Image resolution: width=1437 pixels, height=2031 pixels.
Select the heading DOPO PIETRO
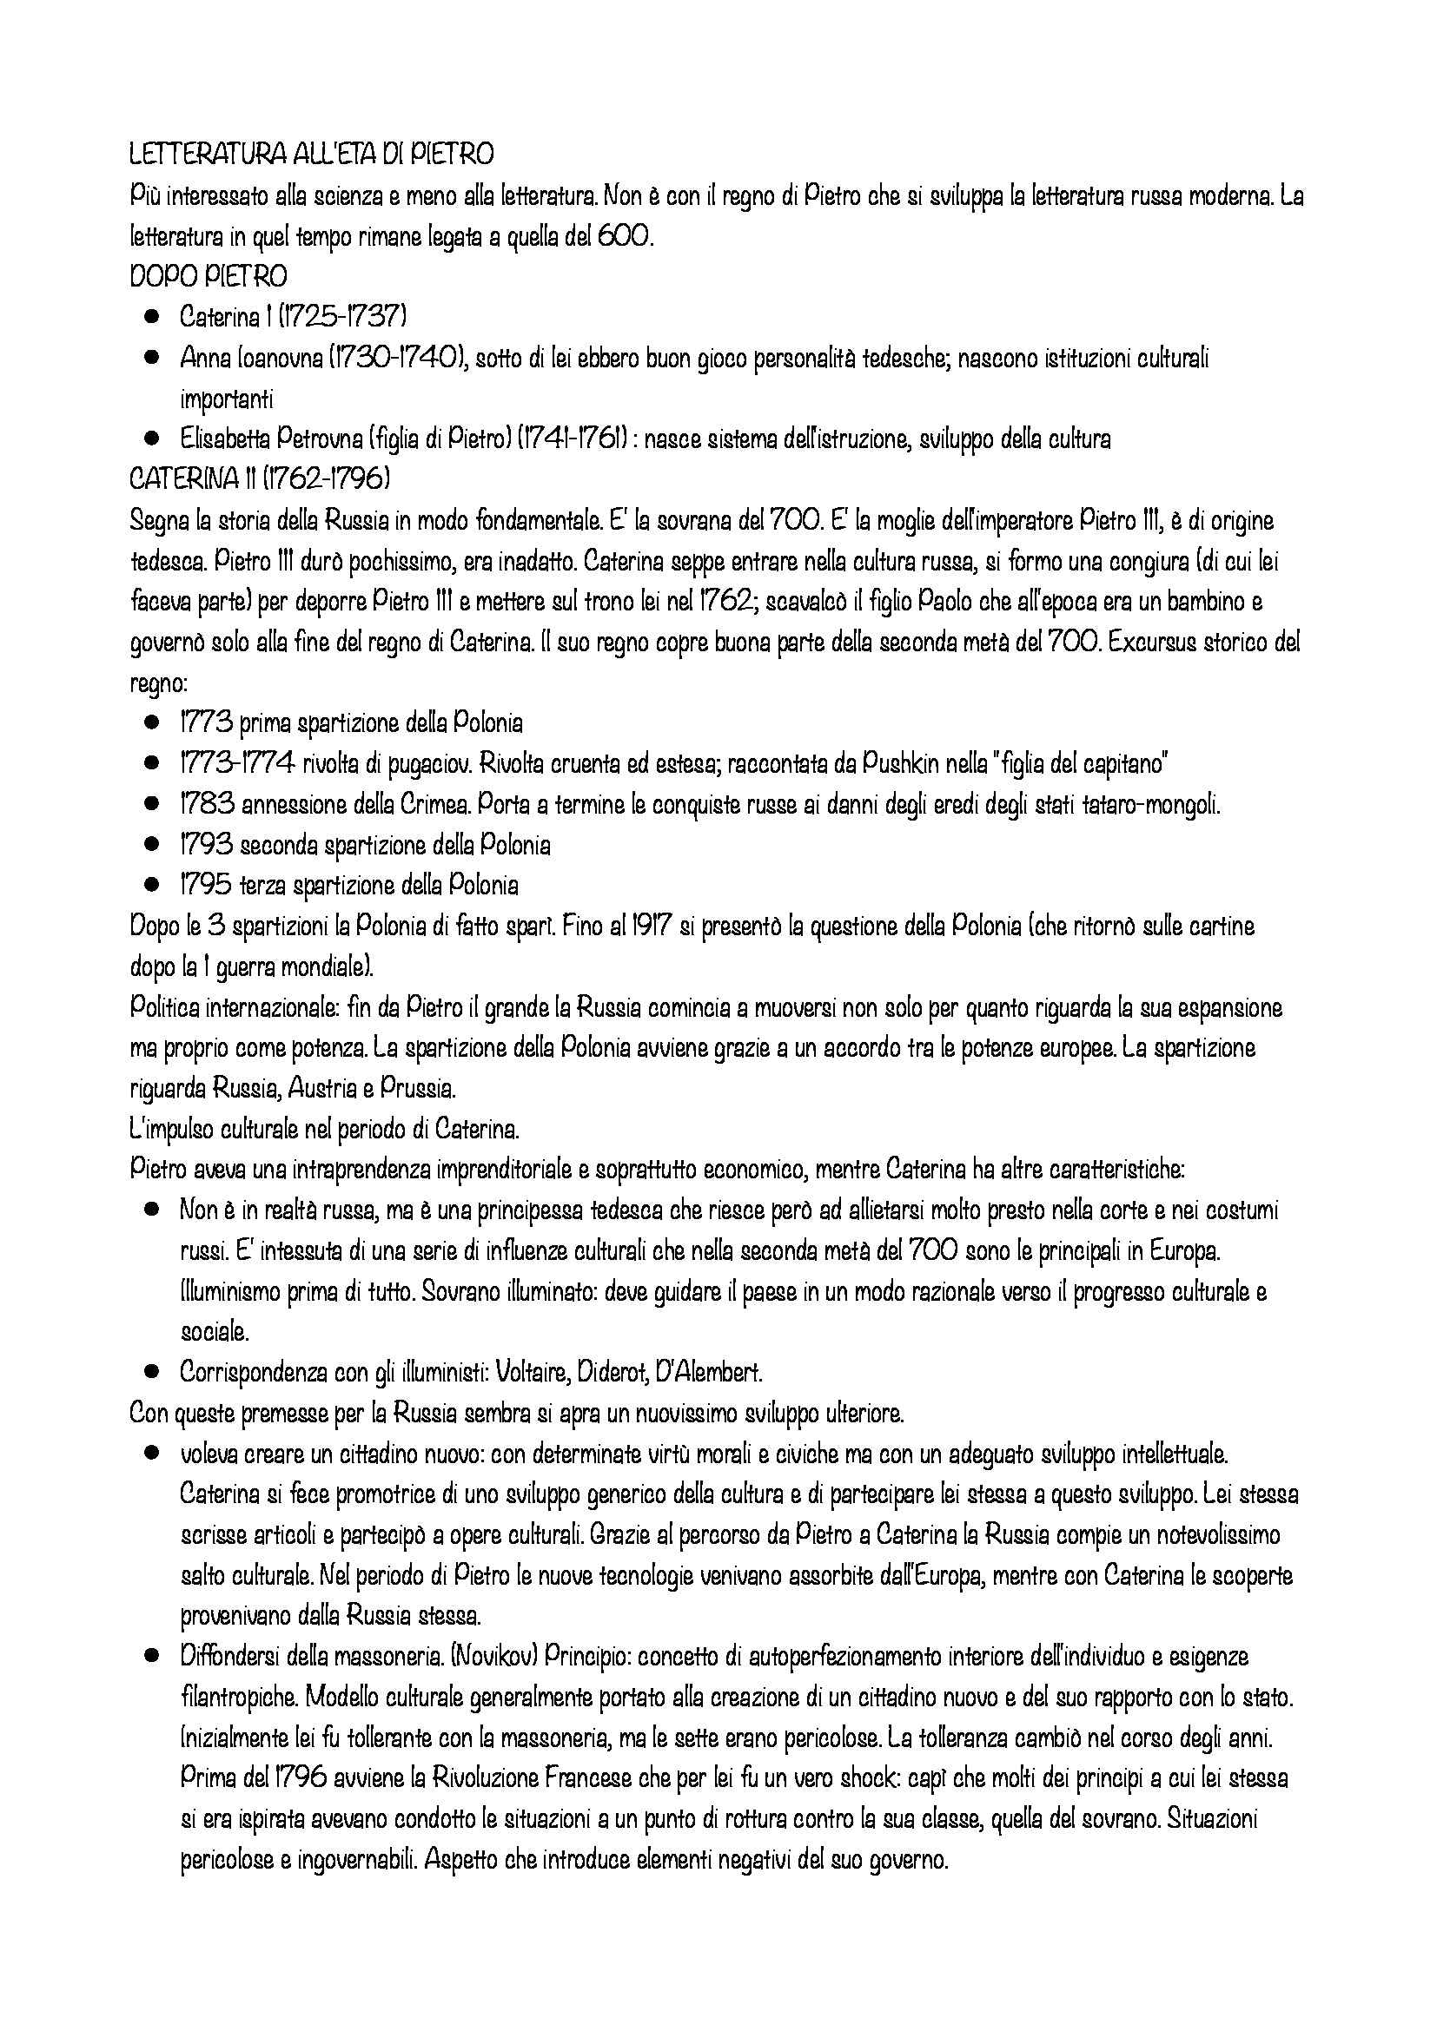pyautogui.click(x=208, y=277)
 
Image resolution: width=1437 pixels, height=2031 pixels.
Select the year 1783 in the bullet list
pyautogui.click(x=206, y=804)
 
